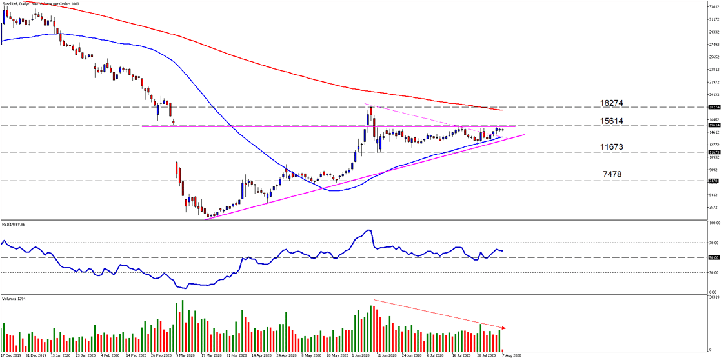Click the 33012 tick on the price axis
point(714,6)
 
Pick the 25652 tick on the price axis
point(714,57)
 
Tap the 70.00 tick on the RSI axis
point(714,243)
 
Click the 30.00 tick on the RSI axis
point(714,272)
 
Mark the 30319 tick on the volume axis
point(714,298)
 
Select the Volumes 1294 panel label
point(14,299)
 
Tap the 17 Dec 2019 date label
point(12,355)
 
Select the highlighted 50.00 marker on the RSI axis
point(713,257)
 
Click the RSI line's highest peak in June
point(368,230)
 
